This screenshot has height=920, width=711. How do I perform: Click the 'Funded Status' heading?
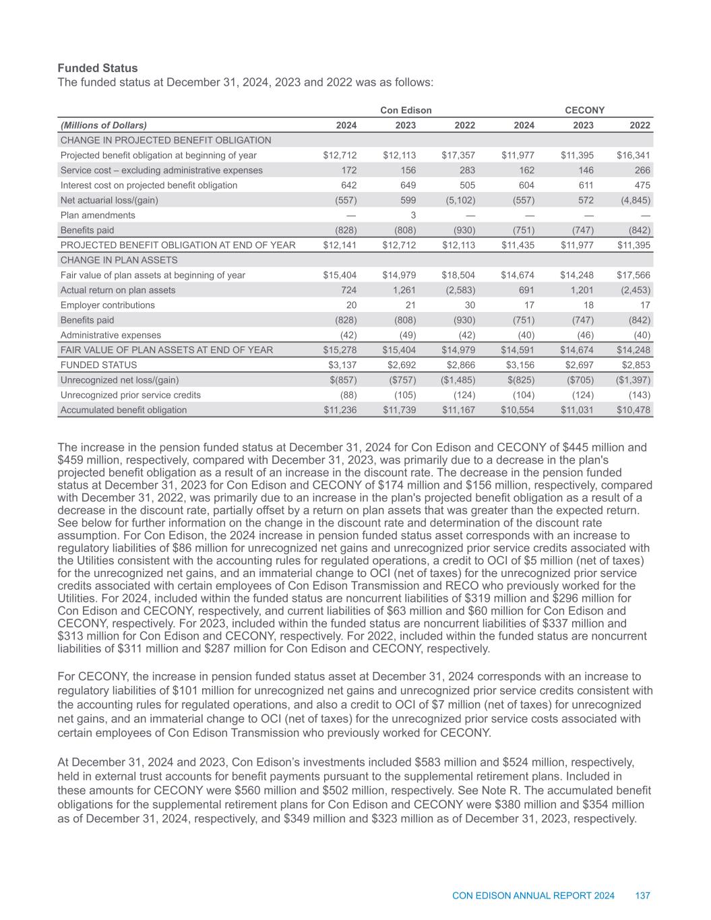coord(97,68)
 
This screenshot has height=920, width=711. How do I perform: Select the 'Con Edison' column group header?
coord(406,110)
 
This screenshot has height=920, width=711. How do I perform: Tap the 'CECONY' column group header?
coord(584,110)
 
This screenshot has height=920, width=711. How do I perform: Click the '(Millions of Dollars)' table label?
coord(104,125)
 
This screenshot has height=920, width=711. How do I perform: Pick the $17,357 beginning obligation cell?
coord(458,156)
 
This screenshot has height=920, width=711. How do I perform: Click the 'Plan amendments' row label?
coord(98,215)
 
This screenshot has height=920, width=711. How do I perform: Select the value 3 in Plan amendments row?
coord(413,215)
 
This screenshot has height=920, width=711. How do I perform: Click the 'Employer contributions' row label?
coord(107,305)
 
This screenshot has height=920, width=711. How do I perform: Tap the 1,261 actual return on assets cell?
coord(402,290)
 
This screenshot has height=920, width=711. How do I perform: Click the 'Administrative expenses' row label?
coord(111,335)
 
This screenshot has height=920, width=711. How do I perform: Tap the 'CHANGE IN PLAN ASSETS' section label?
coord(119,260)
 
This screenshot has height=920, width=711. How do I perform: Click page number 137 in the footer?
coord(642,896)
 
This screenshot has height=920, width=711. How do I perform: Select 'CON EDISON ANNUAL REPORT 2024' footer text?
coord(533,896)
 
